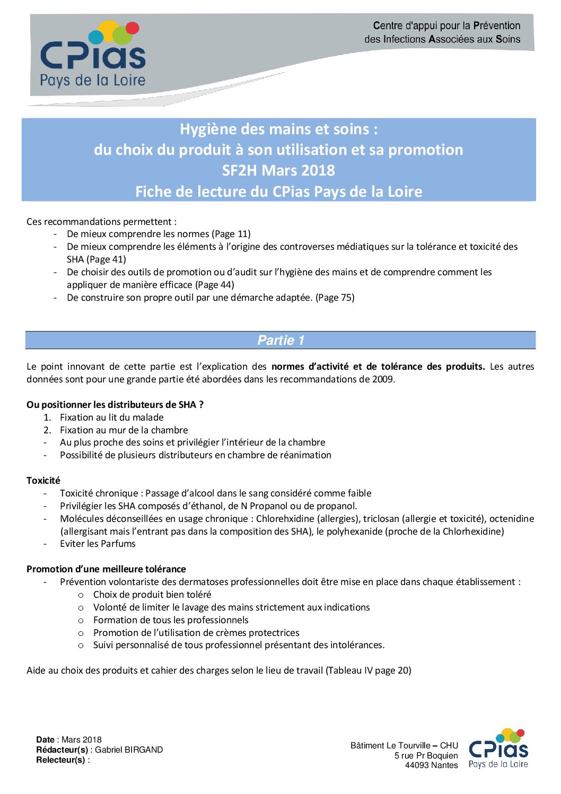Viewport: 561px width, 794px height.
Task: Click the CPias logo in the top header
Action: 93,54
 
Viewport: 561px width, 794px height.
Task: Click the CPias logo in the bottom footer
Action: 498,748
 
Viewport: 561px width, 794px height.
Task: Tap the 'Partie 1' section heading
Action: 280,341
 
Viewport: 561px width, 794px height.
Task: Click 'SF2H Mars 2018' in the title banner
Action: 278,170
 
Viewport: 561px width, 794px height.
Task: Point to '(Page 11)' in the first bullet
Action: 231,234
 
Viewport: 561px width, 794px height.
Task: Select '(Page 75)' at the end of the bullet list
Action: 335,298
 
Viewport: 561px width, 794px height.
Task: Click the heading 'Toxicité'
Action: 43,481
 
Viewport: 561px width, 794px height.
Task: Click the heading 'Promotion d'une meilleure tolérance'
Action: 106,569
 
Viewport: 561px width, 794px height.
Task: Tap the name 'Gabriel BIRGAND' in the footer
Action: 129,749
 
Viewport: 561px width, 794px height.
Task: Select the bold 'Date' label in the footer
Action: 45,739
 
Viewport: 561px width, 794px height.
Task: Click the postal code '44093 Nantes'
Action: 431,765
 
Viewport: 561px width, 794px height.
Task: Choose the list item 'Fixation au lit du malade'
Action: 111,417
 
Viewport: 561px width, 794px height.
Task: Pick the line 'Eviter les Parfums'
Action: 98,544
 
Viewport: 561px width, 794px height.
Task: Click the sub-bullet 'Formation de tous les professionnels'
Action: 171,620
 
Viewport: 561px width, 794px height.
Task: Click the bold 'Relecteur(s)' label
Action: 60,760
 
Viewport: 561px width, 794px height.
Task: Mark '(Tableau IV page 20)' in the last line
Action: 369,670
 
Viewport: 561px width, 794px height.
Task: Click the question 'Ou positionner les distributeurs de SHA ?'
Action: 115,405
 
